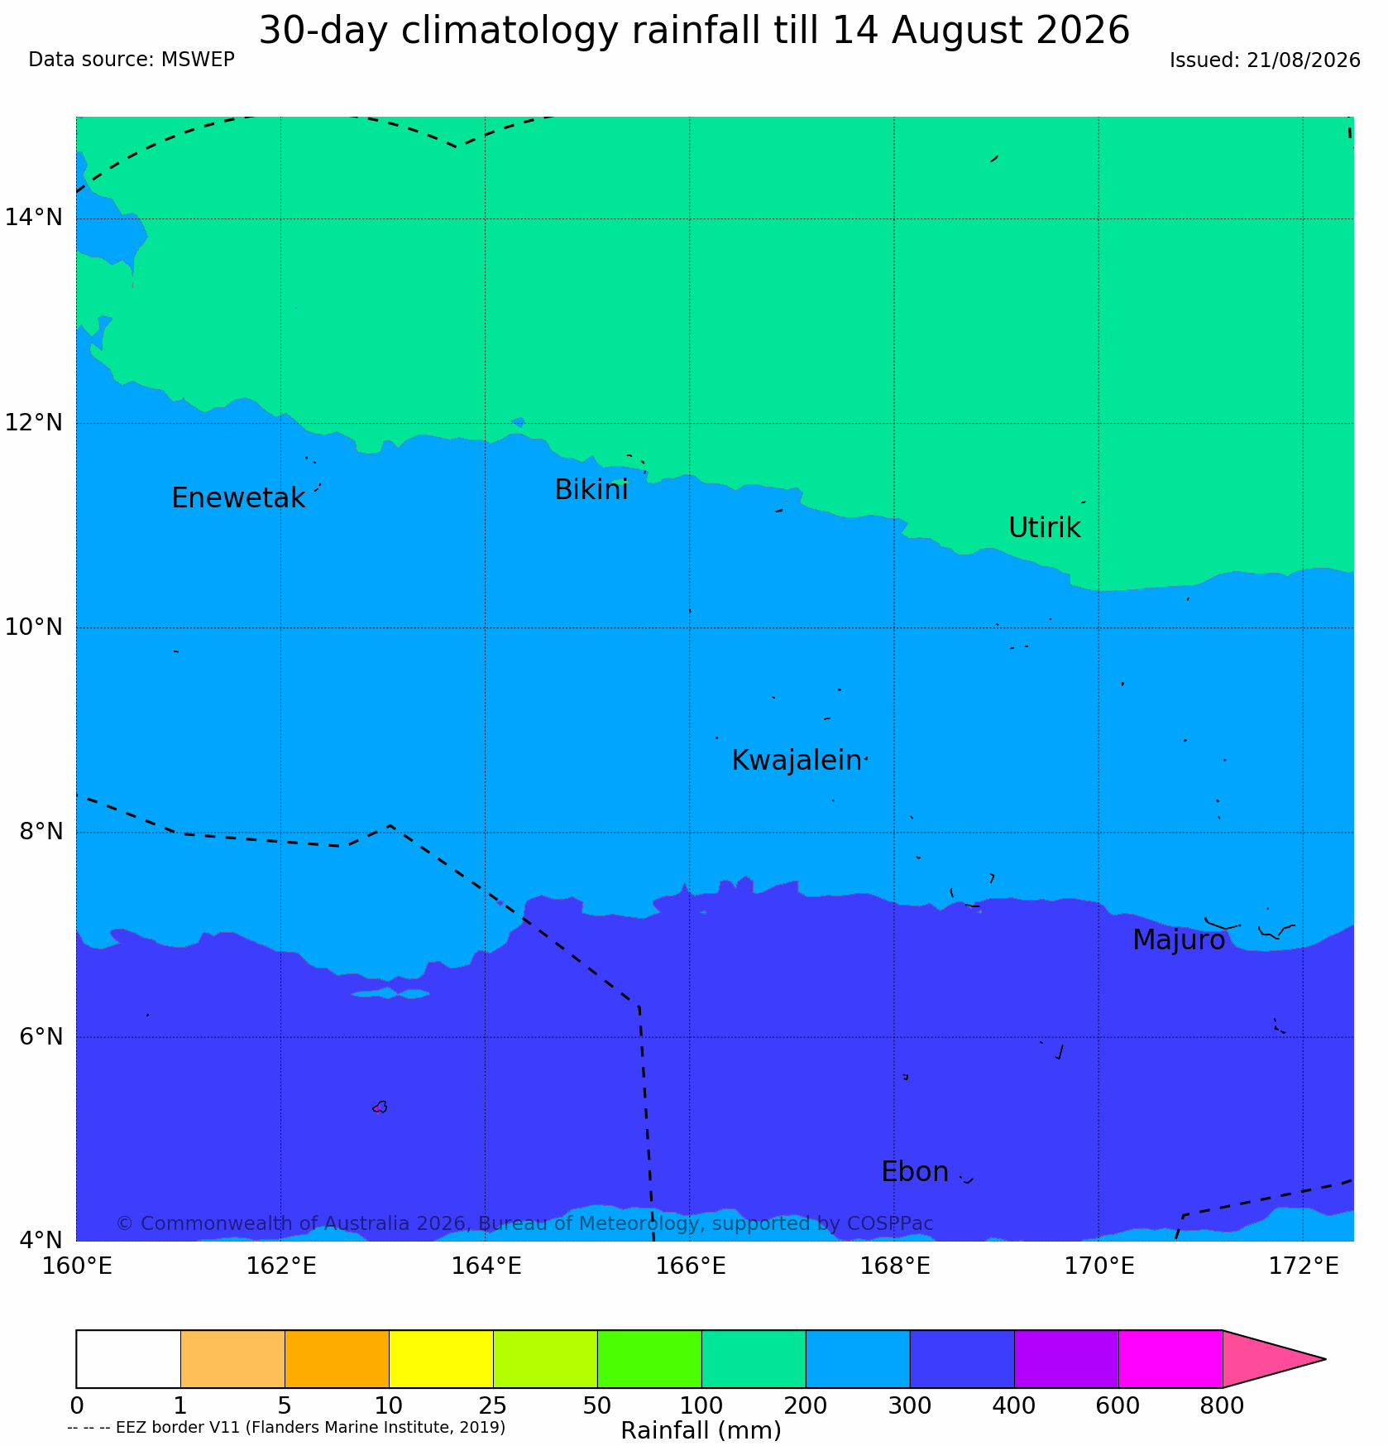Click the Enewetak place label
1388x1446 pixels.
click(x=238, y=498)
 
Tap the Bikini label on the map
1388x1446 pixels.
click(x=591, y=490)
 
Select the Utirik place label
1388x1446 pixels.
click(x=1045, y=527)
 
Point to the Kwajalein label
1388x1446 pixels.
click(x=797, y=760)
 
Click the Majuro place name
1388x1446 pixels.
click(x=1179, y=940)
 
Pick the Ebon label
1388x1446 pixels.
click(x=915, y=1172)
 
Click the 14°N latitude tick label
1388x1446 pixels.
click(x=34, y=218)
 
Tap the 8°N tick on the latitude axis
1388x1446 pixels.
click(x=41, y=831)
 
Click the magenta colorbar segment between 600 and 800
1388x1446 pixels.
click(x=1170, y=1359)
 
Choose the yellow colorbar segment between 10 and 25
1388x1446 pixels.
click(x=441, y=1359)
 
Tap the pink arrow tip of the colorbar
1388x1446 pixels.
click(x=1325, y=1359)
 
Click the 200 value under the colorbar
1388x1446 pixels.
click(x=806, y=1406)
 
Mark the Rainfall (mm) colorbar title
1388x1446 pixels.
click(x=701, y=1430)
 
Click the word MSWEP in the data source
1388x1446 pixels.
click(x=198, y=60)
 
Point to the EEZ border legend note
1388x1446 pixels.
click(x=286, y=1427)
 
